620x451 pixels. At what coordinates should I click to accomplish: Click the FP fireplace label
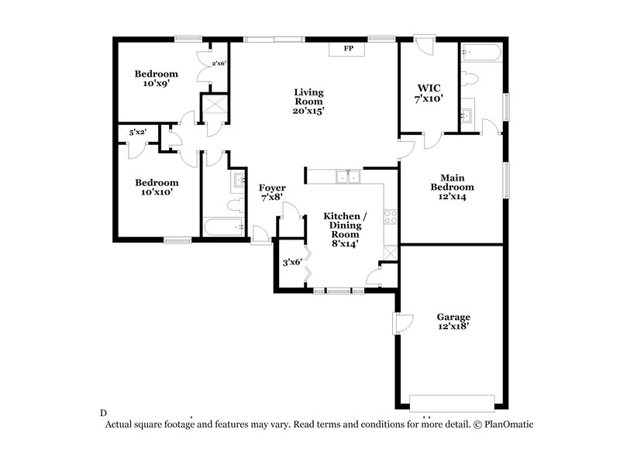pos(349,49)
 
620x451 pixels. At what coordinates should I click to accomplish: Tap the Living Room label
pos(308,102)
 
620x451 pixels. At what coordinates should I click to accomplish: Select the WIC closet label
pos(428,94)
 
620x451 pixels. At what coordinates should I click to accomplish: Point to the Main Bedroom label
pos(453,187)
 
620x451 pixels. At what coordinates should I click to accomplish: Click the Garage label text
pos(453,322)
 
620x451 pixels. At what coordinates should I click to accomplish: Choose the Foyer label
pos(272,193)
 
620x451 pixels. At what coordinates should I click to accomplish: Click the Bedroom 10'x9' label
pos(156,78)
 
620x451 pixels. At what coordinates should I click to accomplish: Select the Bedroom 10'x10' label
pos(157,188)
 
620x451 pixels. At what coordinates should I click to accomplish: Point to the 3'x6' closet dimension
pos(291,263)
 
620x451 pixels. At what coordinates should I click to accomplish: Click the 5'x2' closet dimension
pos(138,133)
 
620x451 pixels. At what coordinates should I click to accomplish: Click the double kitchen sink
pos(348,177)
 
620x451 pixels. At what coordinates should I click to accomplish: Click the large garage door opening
pos(452,401)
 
